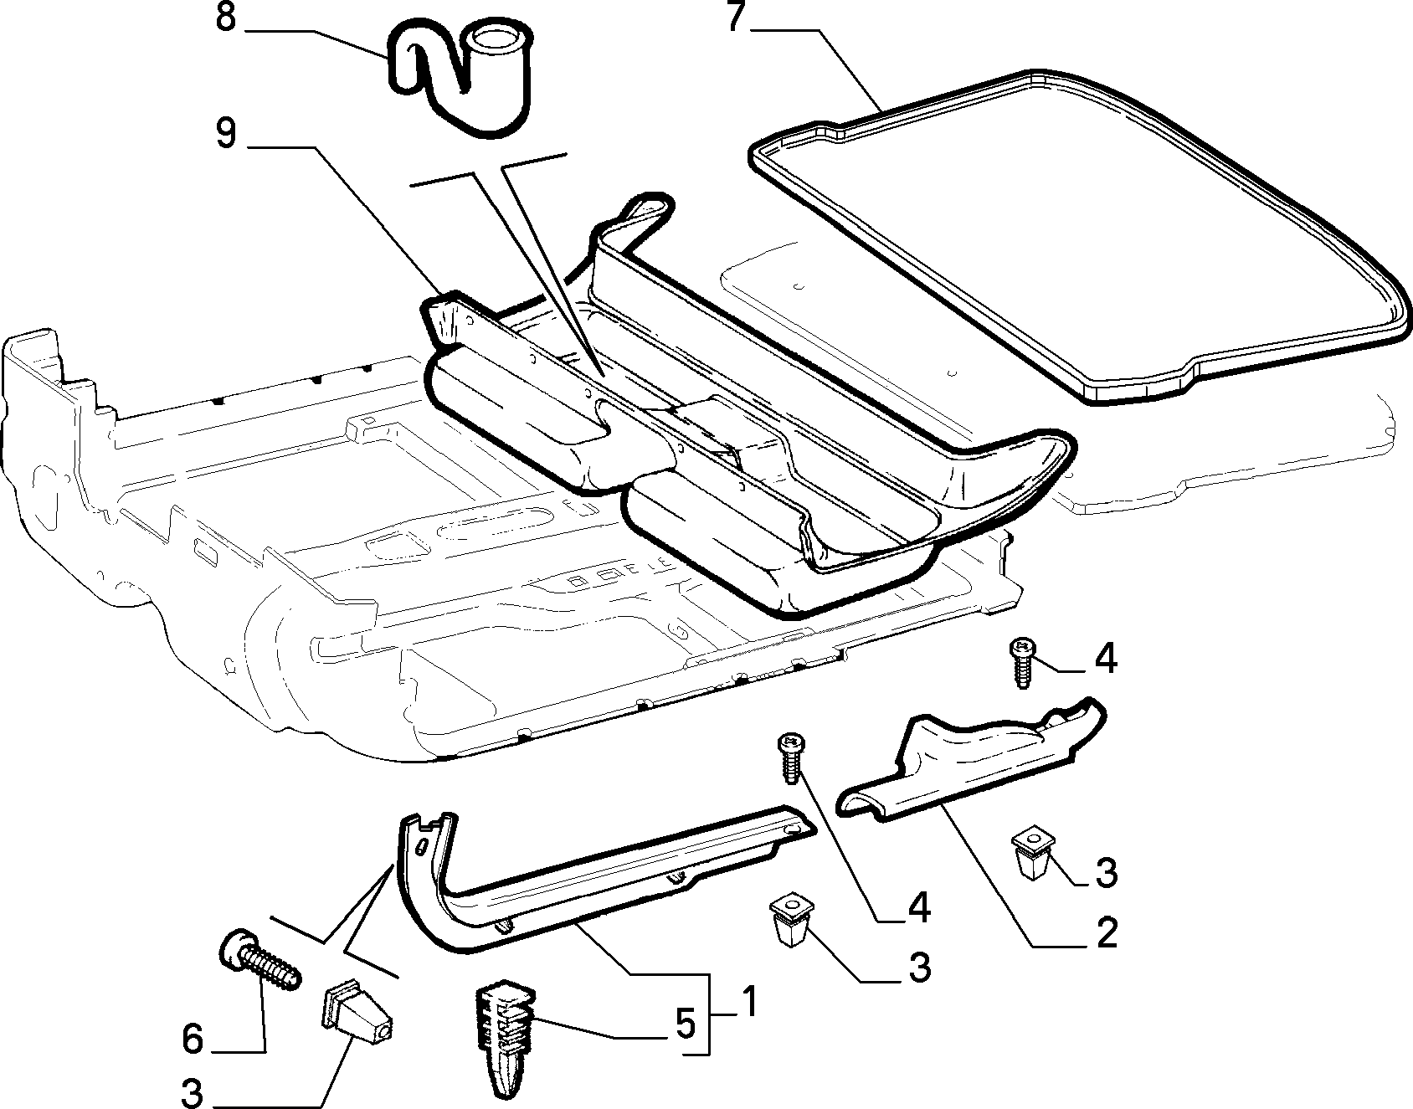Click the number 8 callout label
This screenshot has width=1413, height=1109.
[x=226, y=18]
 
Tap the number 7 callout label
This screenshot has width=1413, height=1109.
[x=737, y=17]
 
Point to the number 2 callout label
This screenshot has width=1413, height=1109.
[x=1107, y=932]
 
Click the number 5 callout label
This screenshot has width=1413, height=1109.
[x=686, y=1023]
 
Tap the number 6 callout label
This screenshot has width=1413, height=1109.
[x=193, y=1040]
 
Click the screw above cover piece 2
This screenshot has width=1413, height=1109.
[x=1021, y=662]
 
